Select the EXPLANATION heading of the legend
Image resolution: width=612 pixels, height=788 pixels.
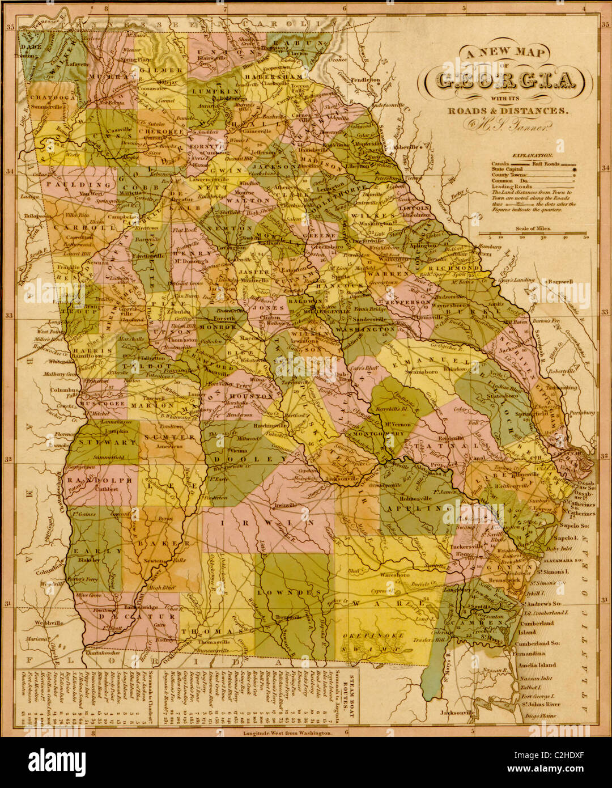532,155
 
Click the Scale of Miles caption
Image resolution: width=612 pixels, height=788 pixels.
532,228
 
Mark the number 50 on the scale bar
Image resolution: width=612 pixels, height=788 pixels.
585,238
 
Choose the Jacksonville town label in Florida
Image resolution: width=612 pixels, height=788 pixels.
451,711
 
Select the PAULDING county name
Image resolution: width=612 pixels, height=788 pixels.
73,185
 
